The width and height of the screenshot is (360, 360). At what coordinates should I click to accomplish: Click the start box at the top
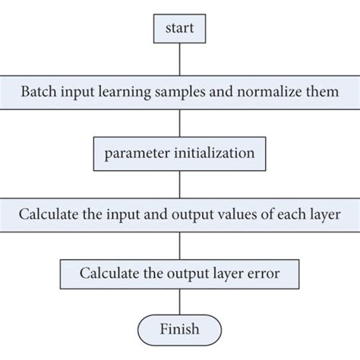point(179,29)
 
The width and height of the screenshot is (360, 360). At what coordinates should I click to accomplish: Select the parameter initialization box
point(180,152)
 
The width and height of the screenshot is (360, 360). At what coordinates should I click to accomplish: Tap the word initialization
point(211,152)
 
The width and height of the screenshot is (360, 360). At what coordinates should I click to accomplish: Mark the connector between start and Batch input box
point(179,59)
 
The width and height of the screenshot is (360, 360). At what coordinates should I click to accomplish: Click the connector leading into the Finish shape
point(179,299)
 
